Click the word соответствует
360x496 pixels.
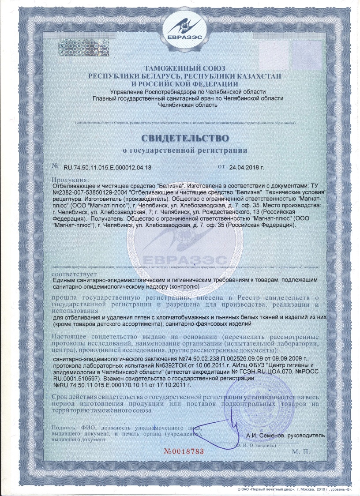73,273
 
